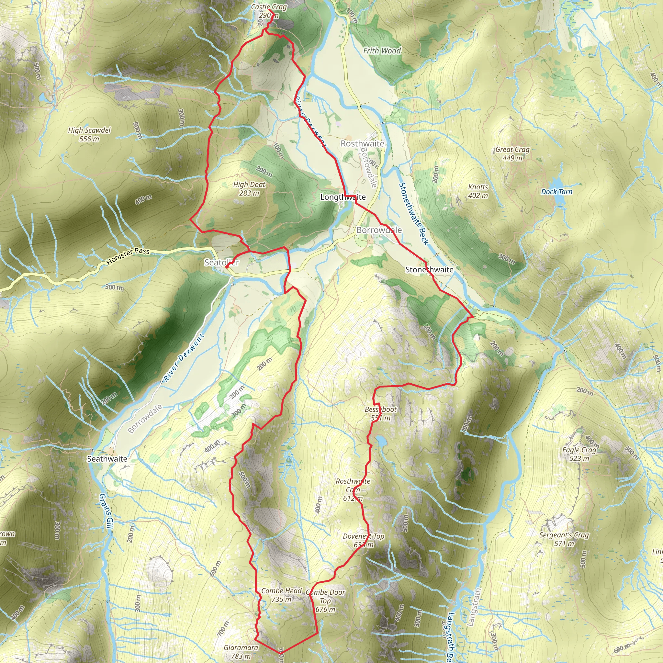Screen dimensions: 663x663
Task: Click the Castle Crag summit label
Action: (269, 11)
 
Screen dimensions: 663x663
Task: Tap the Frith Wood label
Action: (382, 51)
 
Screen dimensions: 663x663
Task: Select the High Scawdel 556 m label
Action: (89, 134)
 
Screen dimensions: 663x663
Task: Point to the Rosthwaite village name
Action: (362, 143)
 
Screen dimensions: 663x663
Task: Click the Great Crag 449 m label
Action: (512, 153)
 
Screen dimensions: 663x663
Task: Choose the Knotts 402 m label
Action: (478, 191)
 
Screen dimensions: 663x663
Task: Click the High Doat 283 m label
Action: (249, 189)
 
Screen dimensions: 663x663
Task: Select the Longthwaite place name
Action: (343, 197)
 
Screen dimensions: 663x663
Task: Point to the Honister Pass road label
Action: (128, 256)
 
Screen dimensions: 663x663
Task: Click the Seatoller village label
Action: (221, 263)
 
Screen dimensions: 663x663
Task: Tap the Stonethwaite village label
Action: (429, 270)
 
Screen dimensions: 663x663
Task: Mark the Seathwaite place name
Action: (107, 459)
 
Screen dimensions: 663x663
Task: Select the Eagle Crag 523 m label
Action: (579, 454)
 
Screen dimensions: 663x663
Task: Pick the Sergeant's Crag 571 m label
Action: (564, 539)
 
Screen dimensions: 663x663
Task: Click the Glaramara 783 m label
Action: (241, 652)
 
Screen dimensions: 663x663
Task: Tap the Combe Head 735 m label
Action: (281, 595)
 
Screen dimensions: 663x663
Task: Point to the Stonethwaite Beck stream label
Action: (413, 213)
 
